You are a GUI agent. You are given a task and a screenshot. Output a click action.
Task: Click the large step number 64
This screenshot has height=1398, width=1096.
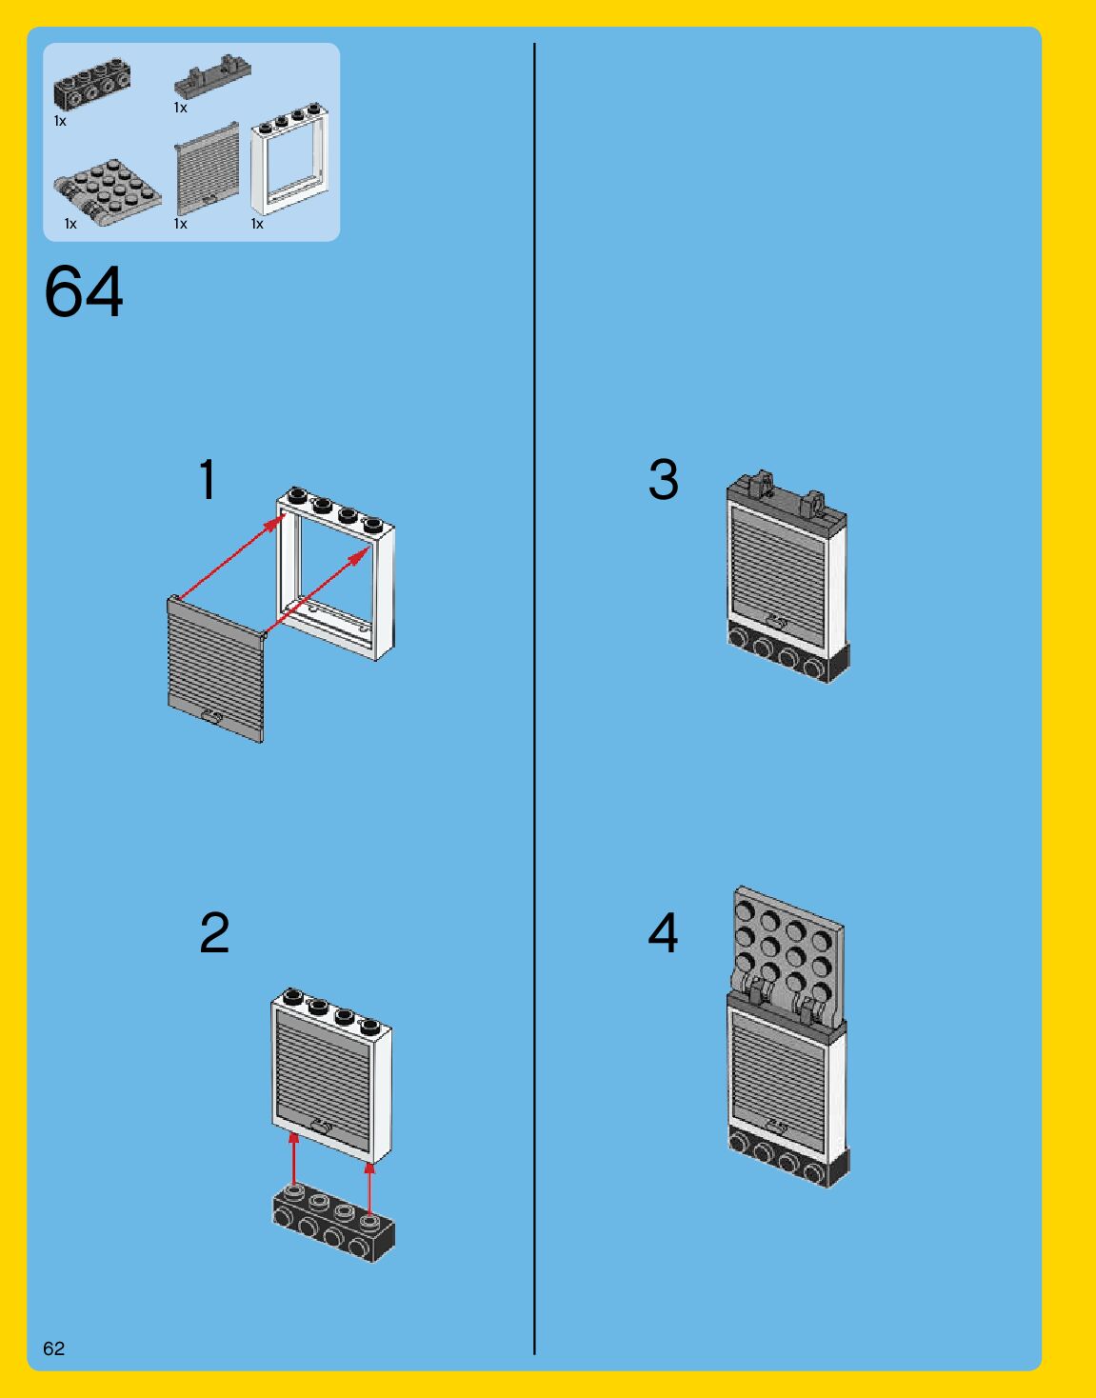pyautogui.click(x=84, y=291)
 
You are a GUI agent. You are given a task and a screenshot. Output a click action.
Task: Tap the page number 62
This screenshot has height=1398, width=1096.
pyautogui.click(x=53, y=1348)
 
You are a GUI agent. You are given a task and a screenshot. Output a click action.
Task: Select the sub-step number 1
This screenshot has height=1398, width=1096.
pyautogui.click(x=208, y=479)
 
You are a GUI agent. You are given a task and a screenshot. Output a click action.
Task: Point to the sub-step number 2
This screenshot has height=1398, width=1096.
pyautogui.click(x=214, y=932)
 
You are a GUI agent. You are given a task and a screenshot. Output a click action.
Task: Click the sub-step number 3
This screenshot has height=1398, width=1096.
pyautogui.click(x=663, y=479)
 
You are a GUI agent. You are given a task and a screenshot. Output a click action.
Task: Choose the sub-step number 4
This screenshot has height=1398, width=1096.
pyautogui.click(x=663, y=932)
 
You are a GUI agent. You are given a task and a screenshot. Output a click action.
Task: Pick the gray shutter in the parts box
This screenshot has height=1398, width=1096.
pyautogui.click(x=207, y=168)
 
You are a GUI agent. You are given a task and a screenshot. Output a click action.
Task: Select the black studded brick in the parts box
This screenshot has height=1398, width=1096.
pyautogui.click(x=91, y=85)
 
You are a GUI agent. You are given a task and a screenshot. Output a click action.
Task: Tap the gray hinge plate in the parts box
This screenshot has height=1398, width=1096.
pyautogui.click(x=107, y=190)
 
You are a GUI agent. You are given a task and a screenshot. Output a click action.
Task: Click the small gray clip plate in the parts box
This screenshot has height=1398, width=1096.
pyautogui.click(x=212, y=76)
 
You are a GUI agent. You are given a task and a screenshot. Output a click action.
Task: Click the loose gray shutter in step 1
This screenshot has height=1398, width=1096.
pyautogui.click(x=215, y=669)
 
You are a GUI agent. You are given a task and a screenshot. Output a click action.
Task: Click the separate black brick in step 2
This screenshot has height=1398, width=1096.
pyautogui.click(x=333, y=1224)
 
